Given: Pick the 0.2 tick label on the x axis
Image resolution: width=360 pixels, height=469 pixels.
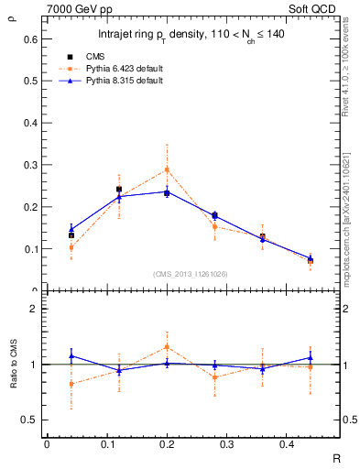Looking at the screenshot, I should tap(167, 444).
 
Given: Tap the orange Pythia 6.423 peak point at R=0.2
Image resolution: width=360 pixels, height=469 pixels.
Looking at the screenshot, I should tap(167, 169).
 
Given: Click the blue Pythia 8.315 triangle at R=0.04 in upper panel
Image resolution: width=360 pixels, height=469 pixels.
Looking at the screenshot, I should tap(71, 229).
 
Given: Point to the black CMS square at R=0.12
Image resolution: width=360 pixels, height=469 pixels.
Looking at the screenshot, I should tap(119, 190).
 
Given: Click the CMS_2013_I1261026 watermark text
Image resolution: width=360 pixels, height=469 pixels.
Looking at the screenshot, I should tap(191, 273).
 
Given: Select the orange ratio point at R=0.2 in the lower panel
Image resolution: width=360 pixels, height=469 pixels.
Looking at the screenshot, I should tap(167, 346).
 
